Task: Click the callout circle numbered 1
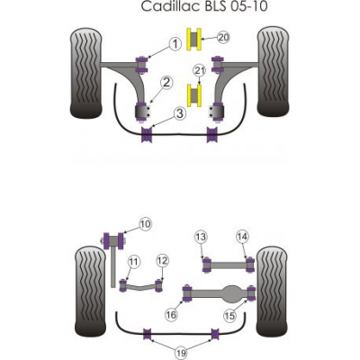click(175, 44)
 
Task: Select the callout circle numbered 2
click(166, 83)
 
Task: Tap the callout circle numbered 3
click(179, 114)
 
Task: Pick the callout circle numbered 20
click(223, 38)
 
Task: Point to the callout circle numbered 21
click(200, 71)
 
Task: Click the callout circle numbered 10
click(146, 224)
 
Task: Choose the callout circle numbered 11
click(134, 262)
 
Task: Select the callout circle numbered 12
click(162, 261)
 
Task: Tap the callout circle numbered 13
click(201, 237)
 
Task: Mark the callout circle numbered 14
click(242, 237)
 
